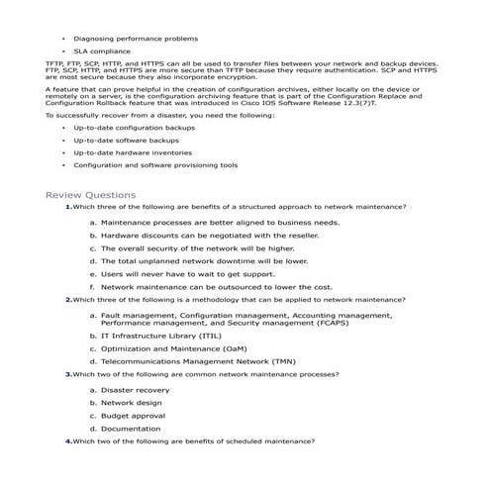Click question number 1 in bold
(68, 206)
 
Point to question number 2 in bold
(68, 298)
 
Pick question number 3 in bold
(68, 374)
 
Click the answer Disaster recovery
(135, 390)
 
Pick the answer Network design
(131, 403)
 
